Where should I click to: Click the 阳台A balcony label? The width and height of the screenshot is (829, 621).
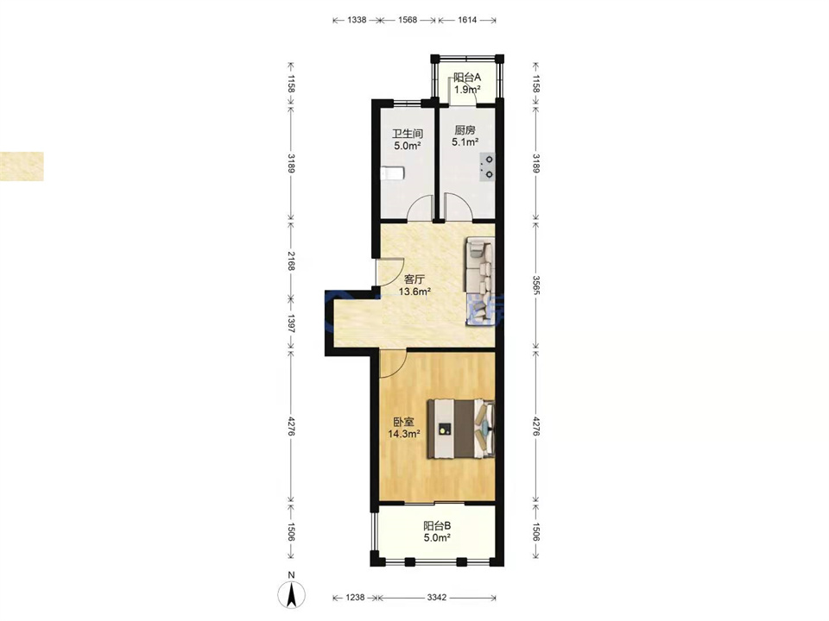pyautogui.click(x=467, y=77)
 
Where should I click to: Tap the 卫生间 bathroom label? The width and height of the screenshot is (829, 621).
pyautogui.click(x=407, y=135)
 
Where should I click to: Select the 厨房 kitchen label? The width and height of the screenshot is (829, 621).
pyautogui.click(x=465, y=130)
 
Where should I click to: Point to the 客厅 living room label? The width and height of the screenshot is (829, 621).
pyautogui.click(x=414, y=279)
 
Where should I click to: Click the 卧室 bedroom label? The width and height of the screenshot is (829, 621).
pyautogui.click(x=403, y=422)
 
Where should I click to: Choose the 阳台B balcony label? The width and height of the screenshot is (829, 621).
pyautogui.click(x=437, y=526)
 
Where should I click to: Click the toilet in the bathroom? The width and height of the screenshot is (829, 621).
pyautogui.click(x=392, y=173)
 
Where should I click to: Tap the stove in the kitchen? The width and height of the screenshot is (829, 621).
pyautogui.click(x=488, y=166)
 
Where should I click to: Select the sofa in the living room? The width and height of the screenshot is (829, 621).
pyautogui.click(x=479, y=282)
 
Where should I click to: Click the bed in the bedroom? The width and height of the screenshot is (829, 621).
pyautogui.click(x=461, y=429)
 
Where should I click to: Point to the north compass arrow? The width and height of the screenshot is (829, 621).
pyautogui.click(x=291, y=594)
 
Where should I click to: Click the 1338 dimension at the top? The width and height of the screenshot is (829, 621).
pyautogui.click(x=357, y=20)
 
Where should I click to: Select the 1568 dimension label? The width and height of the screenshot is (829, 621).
pyautogui.click(x=407, y=20)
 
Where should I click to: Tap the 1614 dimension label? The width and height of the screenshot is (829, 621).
pyautogui.click(x=467, y=20)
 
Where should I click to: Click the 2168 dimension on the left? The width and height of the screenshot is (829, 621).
pyautogui.click(x=291, y=260)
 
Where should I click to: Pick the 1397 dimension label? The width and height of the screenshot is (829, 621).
pyautogui.click(x=291, y=323)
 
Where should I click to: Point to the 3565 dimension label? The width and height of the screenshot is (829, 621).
pyautogui.click(x=535, y=285)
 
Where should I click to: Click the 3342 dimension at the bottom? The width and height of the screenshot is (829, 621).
pyautogui.click(x=437, y=598)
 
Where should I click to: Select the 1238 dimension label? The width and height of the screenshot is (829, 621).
pyautogui.click(x=355, y=598)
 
